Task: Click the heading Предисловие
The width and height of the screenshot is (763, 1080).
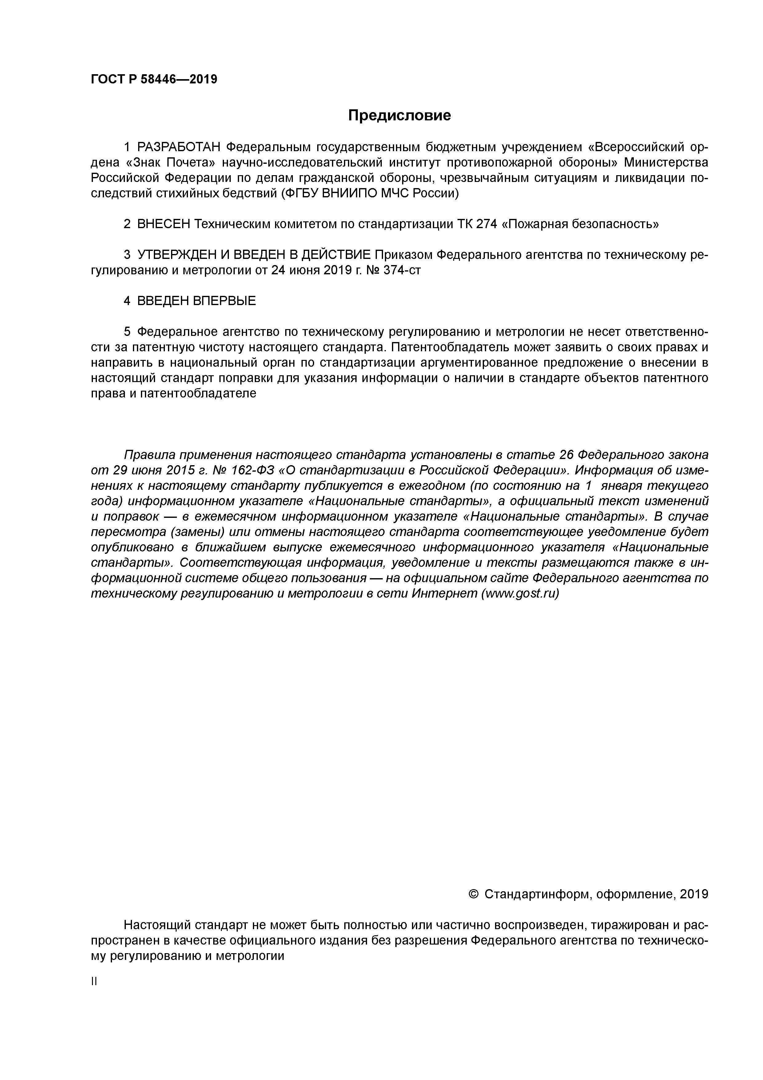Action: pos(399,115)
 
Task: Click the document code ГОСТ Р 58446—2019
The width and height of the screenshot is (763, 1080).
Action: pos(154,79)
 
